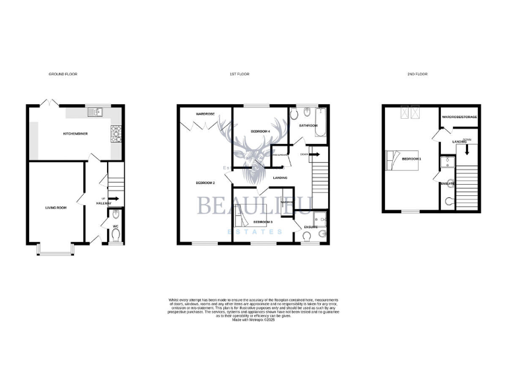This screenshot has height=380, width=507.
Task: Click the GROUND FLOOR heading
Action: click(x=63, y=75)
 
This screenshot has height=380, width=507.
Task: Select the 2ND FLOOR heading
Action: click(x=417, y=75)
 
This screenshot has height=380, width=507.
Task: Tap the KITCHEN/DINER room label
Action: click(x=75, y=133)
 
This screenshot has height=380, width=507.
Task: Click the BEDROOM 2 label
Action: click(x=205, y=182)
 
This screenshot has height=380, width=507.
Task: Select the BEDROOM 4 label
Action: click(x=261, y=132)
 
